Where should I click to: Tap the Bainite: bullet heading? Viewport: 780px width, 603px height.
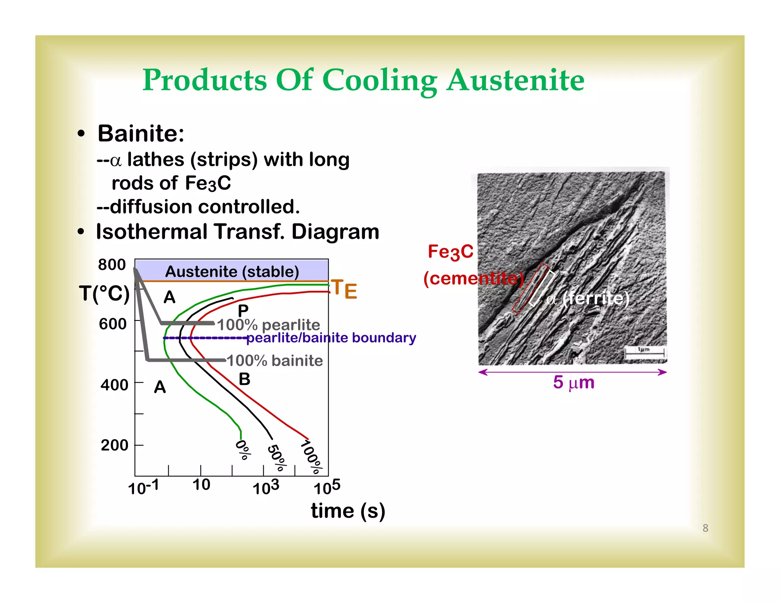141,134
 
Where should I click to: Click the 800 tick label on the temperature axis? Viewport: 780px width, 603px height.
112,265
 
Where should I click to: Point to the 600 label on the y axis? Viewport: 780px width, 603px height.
112,324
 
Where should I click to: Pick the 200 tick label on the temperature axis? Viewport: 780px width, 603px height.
114,445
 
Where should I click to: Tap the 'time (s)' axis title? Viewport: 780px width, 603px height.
348,511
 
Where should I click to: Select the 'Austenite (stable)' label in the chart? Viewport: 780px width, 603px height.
232,272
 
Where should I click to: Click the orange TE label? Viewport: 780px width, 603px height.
344,289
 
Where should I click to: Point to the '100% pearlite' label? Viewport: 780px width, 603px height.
269,325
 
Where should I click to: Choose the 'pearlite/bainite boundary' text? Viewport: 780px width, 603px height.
331,338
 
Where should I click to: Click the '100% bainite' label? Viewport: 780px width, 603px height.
275,361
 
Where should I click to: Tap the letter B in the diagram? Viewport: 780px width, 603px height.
245,379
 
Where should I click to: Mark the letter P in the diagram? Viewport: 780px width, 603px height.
243,311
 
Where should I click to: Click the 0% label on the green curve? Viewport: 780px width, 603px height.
243,450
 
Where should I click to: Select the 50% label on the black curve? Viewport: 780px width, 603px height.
277,458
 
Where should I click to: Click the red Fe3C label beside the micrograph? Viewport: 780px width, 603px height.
450,252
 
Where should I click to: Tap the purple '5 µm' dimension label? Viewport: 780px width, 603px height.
574,382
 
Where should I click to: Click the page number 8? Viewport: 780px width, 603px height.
705,528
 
